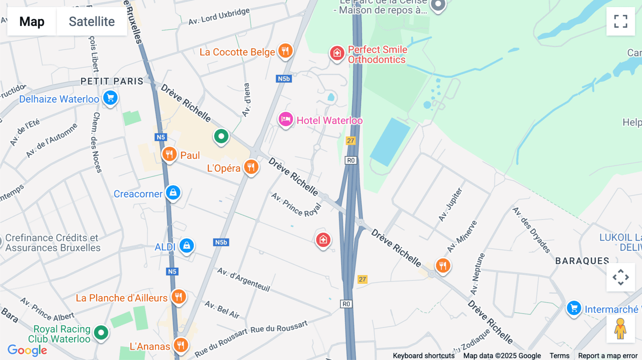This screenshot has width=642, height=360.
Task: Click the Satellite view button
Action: point(92,21)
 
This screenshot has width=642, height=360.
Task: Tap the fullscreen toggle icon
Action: point(621,21)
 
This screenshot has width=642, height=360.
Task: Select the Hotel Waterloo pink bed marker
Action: point(286,119)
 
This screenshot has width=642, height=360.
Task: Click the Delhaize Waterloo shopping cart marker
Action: point(110,98)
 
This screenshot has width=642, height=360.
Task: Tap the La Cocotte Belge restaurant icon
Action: point(285,51)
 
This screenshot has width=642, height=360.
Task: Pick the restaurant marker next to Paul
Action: point(169,154)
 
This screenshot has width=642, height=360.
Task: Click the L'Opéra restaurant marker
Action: point(251,167)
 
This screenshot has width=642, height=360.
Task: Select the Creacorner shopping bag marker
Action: point(173,193)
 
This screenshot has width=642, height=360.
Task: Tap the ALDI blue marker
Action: point(187,246)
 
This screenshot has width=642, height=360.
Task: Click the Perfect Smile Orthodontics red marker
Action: point(337,53)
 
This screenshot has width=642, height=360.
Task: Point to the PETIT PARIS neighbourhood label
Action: point(112,81)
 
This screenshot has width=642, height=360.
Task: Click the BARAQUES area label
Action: point(582,261)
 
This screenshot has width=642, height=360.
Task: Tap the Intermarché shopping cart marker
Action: point(574,308)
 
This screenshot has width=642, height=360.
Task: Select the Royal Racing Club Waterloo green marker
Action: point(101,333)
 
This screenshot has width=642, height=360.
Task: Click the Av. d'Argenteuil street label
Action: point(244,279)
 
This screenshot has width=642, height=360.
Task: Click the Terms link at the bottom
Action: point(559,356)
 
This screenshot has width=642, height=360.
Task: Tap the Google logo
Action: point(27,350)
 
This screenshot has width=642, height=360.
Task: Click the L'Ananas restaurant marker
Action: point(181,345)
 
